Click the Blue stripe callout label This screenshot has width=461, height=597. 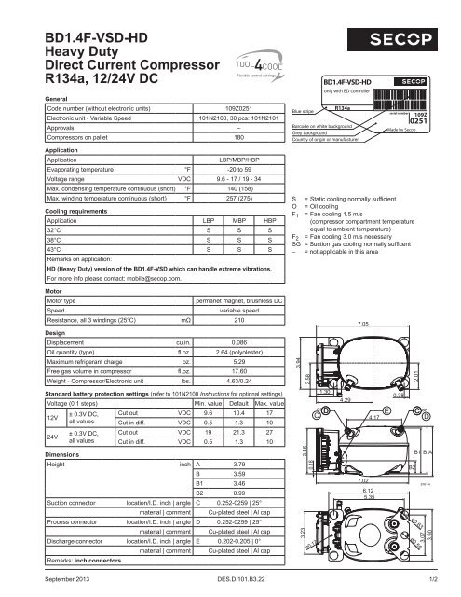pyautogui.click(x=304, y=108)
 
